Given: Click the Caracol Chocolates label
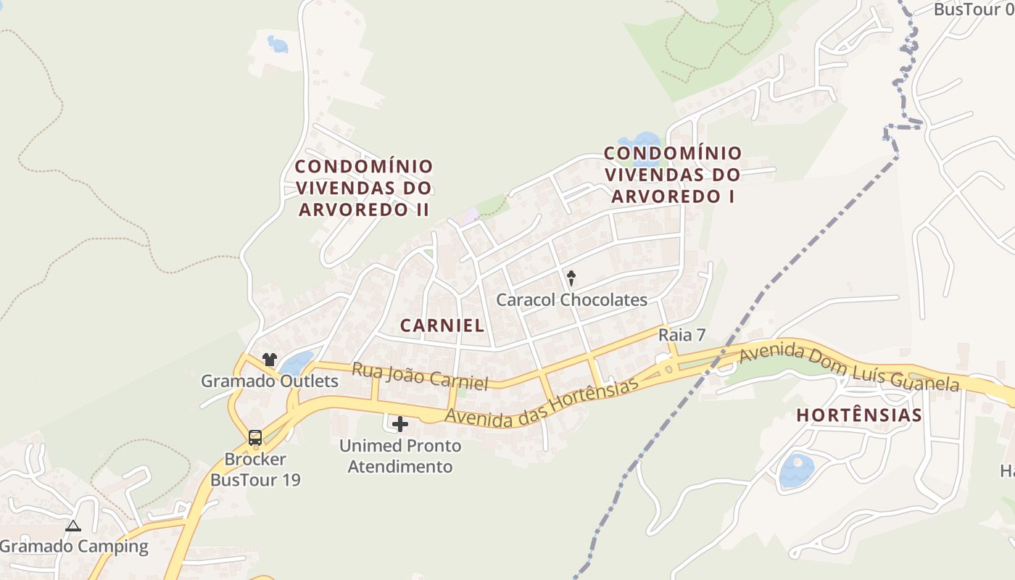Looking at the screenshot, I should pyautogui.click(x=571, y=299).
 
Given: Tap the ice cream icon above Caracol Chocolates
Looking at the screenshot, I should pyautogui.click(x=571, y=277).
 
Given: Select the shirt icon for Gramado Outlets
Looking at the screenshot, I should pyautogui.click(x=270, y=359).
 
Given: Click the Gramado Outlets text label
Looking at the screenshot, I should pyautogui.click(x=270, y=381).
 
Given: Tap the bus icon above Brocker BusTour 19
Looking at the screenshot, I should pyautogui.click(x=255, y=437).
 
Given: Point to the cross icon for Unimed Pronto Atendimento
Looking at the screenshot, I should pyautogui.click(x=400, y=424).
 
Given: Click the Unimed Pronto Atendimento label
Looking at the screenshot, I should pyautogui.click(x=400, y=456).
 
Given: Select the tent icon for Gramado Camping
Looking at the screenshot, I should pyautogui.click(x=72, y=526).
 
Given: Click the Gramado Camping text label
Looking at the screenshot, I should pyautogui.click(x=74, y=547).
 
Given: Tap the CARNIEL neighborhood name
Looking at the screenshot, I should pyautogui.click(x=442, y=326).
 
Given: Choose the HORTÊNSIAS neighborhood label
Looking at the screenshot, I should pyautogui.click(x=859, y=415).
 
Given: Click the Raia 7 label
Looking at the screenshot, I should pyautogui.click(x=681, y=335).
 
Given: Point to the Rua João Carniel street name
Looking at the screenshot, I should pyautogui.click(x=420, y=376).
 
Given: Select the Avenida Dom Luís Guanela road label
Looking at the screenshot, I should pyautogui.click(x=849, y=368).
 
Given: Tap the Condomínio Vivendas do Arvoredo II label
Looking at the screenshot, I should pyautogui.click(x=364, y=188).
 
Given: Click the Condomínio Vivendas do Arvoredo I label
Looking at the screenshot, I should pyautogui.click(x=673, y=175).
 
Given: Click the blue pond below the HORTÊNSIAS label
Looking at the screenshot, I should pyautogui.click(x=796, y=470).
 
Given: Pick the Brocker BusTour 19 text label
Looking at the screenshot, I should pyautogui.click(x=255, y=470).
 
